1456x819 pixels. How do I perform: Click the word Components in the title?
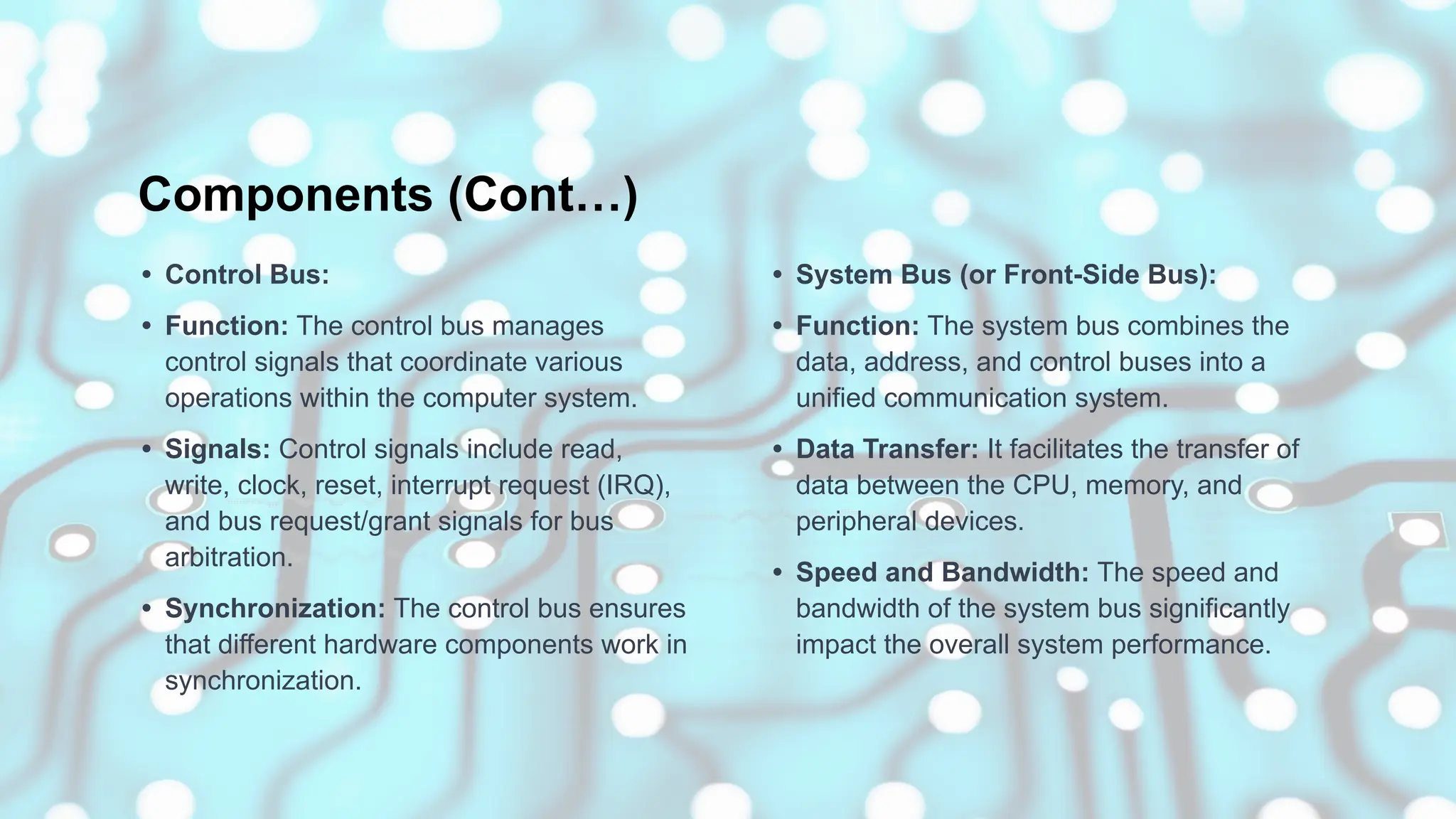(285, 195)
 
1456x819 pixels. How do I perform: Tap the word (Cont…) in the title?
(543, 195)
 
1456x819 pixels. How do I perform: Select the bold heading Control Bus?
(247, 275)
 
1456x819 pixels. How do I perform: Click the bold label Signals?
(218, 449)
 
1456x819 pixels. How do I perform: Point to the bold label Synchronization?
(275, 609)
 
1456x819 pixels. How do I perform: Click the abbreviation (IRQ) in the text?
(632, 486)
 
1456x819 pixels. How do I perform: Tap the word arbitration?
(229, 557)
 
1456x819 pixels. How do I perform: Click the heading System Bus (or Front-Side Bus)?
(1005, 275)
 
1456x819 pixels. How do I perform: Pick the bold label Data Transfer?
(887, 449)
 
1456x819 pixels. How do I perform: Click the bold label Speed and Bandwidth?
(942, 572)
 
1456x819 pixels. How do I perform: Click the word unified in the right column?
(835, 398)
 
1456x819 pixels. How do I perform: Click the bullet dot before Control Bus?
(146, 275)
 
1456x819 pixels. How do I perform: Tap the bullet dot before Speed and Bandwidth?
(777, 572)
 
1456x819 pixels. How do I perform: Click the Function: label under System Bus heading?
(857, 326)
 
